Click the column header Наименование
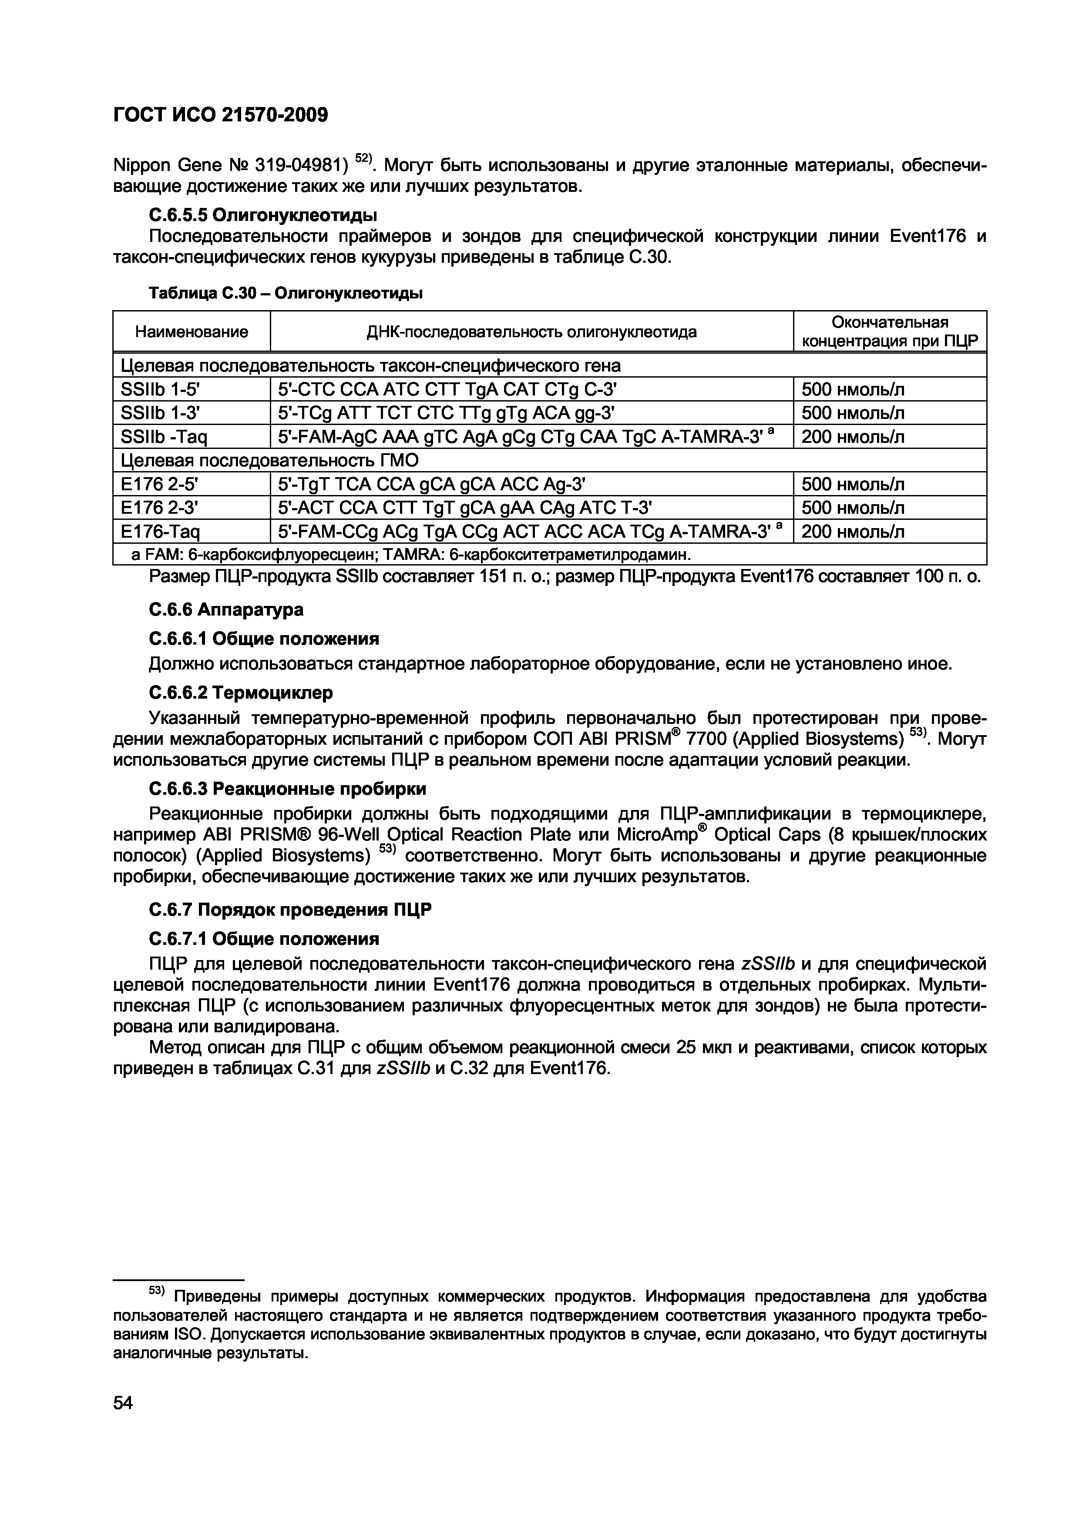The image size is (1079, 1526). tap(192, 331)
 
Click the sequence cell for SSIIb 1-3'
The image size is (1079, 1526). tap(445, 413)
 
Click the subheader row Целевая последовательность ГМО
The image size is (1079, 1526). tap(269, 461)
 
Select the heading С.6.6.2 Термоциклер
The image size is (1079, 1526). tap(240, 693)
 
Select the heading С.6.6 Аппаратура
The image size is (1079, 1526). tap(226, 609)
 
